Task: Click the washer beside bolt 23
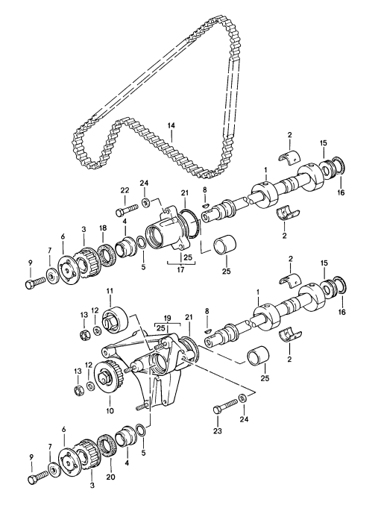pyautogui.click(x=242, y=397)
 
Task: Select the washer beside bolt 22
pyautogui.click(x=147, y=201)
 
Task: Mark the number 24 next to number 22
pyautogui.click(x=144, y=184)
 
